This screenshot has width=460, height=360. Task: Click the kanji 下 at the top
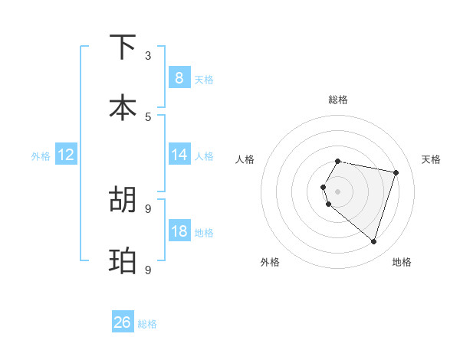123,47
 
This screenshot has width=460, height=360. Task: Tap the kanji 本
123,108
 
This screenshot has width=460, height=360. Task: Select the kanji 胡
123,199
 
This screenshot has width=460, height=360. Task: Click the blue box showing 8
179,77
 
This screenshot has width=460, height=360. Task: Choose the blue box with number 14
179,155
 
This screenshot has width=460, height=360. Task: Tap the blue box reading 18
179,231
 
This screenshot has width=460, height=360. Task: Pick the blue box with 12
65,155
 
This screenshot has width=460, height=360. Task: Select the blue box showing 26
123,322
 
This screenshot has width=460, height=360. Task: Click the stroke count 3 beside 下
148,56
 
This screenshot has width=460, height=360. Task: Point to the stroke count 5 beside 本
148,116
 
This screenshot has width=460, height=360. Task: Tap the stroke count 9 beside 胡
148,208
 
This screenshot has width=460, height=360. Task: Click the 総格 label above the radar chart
338,100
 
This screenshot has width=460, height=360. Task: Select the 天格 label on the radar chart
432,159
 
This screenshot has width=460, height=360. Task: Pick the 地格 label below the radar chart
402,262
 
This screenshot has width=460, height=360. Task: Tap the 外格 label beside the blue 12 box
41,155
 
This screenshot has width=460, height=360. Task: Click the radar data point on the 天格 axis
396,172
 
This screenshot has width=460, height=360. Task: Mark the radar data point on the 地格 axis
373,241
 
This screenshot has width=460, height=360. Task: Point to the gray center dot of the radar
338,191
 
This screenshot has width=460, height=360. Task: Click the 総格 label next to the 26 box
147,323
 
